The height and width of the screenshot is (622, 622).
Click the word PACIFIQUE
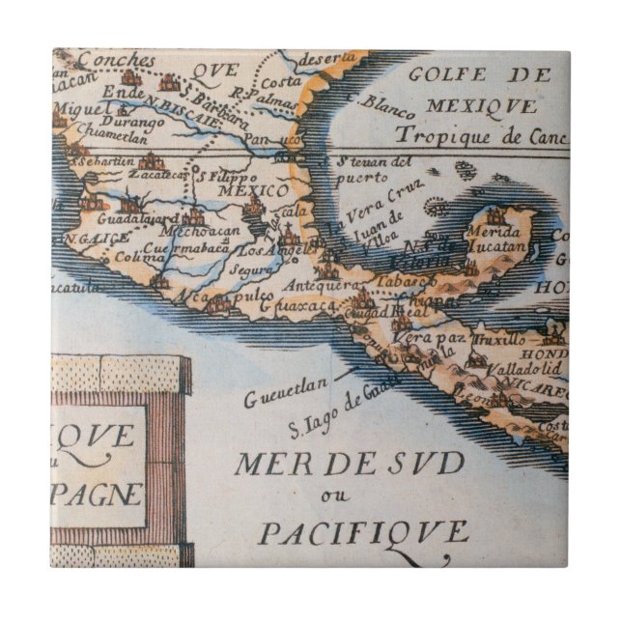click(365, 532)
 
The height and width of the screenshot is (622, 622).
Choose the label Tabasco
click(418, 280)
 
